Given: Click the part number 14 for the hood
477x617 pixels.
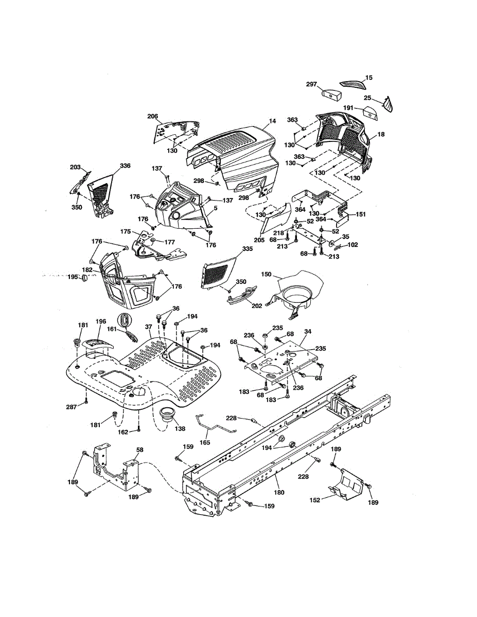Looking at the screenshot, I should tap(272, 121).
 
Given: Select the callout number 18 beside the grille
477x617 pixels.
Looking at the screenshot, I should tap(381, 134).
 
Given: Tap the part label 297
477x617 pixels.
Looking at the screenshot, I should tap(312, 85).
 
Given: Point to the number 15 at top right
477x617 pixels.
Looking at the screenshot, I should tap(368, 78).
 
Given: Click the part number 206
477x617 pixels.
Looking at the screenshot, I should tap(152, 116).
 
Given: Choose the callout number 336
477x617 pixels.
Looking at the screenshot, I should tap(125, 166).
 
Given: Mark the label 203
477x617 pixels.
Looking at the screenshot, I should tap(75, 168).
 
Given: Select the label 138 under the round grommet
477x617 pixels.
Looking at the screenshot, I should tap(180, 428).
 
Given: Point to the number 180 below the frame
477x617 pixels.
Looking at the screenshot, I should tap(278, 478).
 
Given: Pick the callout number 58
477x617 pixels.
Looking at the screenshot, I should tap(139, 450).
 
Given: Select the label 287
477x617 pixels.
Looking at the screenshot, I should tap(72, 407).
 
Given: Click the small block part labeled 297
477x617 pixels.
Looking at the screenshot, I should tap(331, 95).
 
